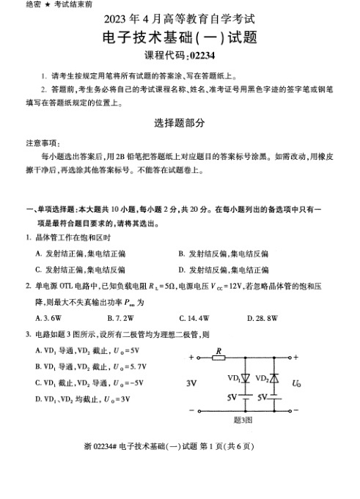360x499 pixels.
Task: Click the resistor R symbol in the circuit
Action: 219,358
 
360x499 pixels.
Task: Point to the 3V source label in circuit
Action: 192,383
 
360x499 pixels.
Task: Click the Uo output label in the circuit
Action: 296,382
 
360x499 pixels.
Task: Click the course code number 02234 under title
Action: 198,56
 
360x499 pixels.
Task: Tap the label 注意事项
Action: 43,144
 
